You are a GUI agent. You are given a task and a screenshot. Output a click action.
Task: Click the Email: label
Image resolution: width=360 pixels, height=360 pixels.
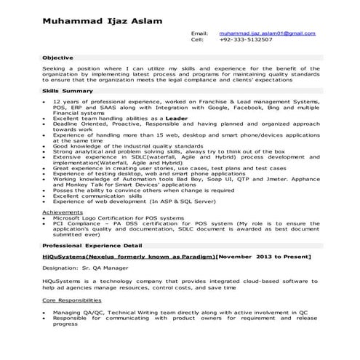[199, 33]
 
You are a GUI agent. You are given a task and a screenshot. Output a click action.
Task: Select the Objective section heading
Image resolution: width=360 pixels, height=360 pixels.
[58, 57]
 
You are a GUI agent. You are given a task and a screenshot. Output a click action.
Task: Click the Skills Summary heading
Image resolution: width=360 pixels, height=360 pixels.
[68, 90]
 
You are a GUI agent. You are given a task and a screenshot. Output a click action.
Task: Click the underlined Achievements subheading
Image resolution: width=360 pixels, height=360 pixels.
[63, 212]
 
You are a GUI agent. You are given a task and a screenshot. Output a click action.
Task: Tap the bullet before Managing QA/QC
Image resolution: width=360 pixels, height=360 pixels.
[45, 311]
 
